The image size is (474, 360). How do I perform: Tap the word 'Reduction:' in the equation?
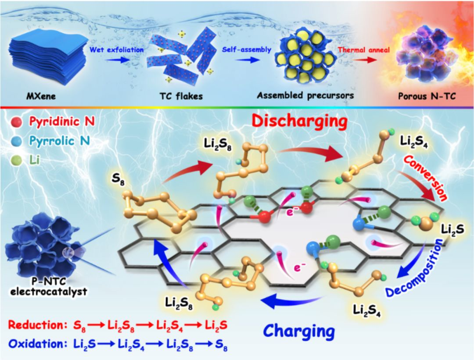35,325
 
